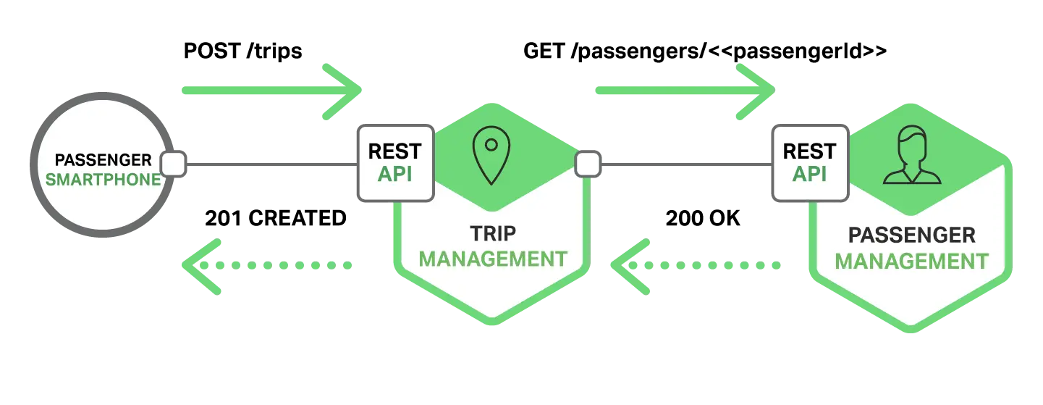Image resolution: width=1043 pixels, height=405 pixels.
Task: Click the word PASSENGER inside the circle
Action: pos(104,160)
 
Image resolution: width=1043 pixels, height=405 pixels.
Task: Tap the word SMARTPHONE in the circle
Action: pos(104,179)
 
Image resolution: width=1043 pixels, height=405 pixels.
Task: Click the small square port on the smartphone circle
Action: pos(174,164)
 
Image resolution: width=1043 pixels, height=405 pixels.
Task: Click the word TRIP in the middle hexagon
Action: pos(492,234)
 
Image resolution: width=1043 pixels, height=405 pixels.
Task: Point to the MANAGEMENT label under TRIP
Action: pos(492,259)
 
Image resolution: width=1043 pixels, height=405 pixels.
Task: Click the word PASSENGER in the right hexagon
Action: pos(911,235)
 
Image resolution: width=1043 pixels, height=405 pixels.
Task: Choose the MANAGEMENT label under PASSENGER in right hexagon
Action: pos(911,261)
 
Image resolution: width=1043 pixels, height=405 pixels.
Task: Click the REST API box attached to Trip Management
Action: pos(394,163)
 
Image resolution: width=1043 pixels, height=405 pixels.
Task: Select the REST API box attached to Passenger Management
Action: pos(809,163)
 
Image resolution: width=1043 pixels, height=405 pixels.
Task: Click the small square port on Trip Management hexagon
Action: pos(587,164)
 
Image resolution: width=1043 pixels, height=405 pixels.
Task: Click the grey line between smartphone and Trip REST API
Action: pos(271,165)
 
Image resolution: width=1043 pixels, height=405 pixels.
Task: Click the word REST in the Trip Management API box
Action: pos(394,152)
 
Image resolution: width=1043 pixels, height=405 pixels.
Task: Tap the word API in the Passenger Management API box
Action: pos(809,175)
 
